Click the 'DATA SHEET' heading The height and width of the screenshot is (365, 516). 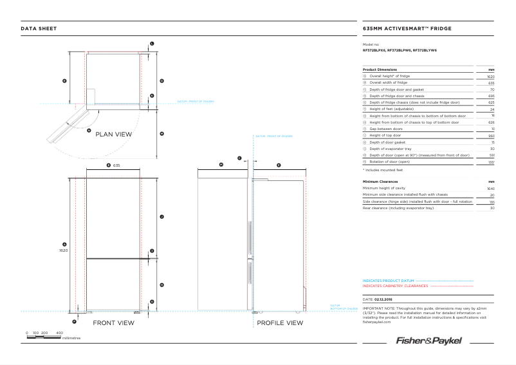tap(39, 29)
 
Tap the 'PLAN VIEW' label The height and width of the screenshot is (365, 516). tap(113, 135)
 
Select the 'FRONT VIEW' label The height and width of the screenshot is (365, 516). tap(113, 323)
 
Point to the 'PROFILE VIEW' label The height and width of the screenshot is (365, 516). tap(280, 323)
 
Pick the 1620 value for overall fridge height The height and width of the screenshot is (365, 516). tap(490, 76)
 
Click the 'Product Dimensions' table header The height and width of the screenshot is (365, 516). tap(380, 70)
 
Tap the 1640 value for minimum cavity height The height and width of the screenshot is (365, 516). tap(490, 188)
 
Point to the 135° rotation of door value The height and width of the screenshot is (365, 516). tap(491, 162)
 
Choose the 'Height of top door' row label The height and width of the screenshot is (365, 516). tap(385, 135)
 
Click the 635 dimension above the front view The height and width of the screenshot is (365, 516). tap(116, 165)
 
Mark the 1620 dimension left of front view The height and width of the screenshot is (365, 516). tap(64, 250)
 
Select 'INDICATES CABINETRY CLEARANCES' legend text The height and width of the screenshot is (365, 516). tap(395, 285)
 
